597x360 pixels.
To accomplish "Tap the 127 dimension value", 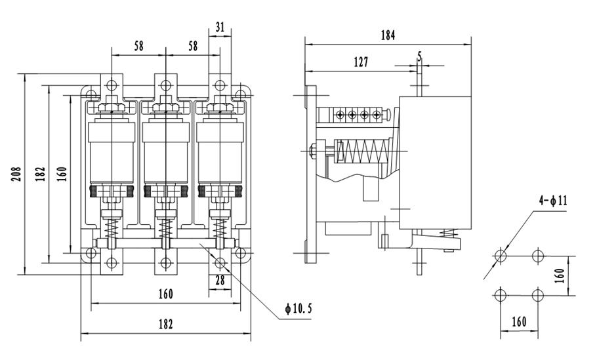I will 360,62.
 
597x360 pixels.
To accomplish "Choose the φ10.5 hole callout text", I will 299,308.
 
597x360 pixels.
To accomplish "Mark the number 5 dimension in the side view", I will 419,57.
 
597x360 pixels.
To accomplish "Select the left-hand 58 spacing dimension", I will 139,47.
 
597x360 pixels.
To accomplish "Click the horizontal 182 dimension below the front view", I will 165,325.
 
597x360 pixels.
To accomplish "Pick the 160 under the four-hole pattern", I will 520,323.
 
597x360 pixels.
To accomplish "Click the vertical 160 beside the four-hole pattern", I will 560,275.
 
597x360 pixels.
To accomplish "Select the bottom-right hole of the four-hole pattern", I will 538,294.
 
